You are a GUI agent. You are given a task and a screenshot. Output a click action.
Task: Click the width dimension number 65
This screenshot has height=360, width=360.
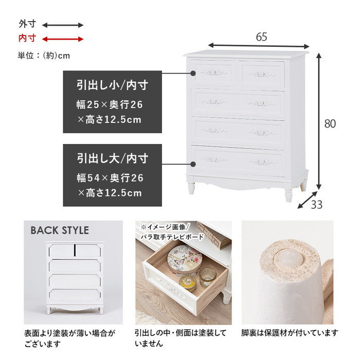pos(261,37)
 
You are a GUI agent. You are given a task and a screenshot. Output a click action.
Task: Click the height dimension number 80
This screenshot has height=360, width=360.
pos(330,123)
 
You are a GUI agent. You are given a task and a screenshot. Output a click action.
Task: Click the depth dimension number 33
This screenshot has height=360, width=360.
pos(317,204)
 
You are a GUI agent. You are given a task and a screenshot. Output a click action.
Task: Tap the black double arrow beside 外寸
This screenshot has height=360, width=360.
pos(62,25)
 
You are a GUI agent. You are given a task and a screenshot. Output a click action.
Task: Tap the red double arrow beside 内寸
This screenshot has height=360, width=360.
pos(62,39)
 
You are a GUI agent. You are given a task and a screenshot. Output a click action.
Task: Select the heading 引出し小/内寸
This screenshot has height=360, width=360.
pos(112,85)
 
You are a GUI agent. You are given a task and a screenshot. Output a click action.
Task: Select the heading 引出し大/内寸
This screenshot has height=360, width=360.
pos(112,158)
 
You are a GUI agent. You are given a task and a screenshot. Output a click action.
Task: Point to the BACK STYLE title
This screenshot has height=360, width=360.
pos(60,230)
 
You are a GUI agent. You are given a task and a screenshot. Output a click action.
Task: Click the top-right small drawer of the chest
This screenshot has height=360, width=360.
pos(262,74)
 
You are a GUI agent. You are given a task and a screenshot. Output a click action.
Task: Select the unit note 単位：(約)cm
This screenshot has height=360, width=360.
pos(44,56)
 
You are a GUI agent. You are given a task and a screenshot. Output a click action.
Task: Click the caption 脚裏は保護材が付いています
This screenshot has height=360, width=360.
pos(290,332)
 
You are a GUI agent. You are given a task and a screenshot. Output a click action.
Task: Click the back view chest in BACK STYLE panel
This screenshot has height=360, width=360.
pos(75,278)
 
